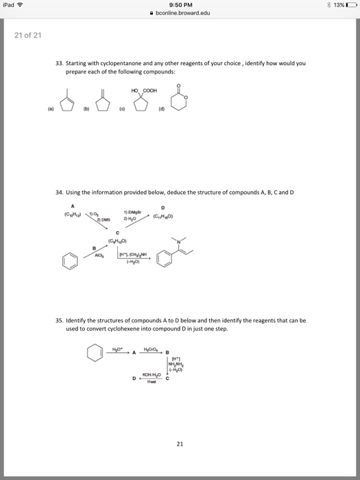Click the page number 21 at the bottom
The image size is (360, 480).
pyautogui.click(x=179, y=444)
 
